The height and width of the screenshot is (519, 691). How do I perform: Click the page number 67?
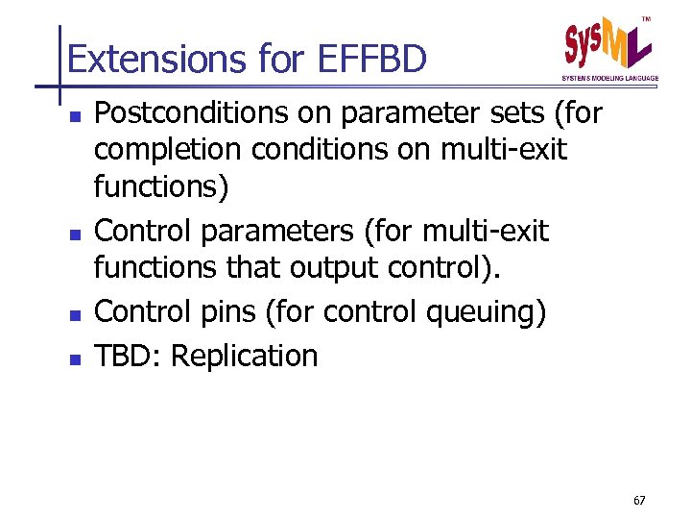(639, 501)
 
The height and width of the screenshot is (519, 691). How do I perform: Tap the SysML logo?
(607, 44)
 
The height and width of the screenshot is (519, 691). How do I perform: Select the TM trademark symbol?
(645, 18)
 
